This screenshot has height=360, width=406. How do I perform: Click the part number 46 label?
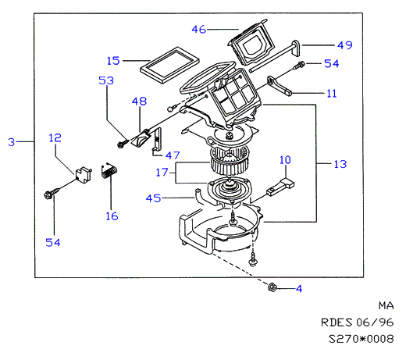click(199, 30)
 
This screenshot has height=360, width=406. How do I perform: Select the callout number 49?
click(345, 45)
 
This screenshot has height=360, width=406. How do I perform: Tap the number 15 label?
click(113, 61)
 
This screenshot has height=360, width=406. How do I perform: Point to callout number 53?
click(106, 80)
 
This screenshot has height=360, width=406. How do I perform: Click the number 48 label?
click(139, 102)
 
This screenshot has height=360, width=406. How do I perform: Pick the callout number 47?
click(173, 155)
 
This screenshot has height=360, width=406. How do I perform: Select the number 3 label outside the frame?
click(11, 142)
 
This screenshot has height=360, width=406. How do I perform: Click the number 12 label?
click(55, 138)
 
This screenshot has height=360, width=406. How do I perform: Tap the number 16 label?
click(112, 216)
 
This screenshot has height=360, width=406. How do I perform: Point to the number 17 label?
click(162, 173)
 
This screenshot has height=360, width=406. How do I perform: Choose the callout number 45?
click(153, 198)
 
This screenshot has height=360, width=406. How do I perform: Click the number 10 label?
click(285, 160)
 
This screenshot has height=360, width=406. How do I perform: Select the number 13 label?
click(340, 164)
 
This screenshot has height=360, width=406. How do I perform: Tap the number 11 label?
click(332, 94)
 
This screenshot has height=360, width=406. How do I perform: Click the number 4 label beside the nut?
click(299, 289)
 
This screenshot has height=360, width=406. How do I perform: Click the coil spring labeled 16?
click(109, 171)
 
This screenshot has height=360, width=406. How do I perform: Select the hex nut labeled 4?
click(272, 287)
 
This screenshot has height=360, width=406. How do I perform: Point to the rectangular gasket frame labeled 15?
click(169, 65)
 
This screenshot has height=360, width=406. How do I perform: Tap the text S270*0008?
click(361, 339)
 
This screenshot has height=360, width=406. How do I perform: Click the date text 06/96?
click(375, 323)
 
